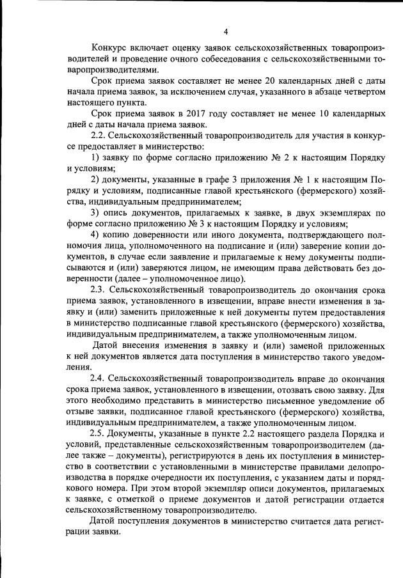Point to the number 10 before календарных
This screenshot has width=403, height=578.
click(x=290, y=114)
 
